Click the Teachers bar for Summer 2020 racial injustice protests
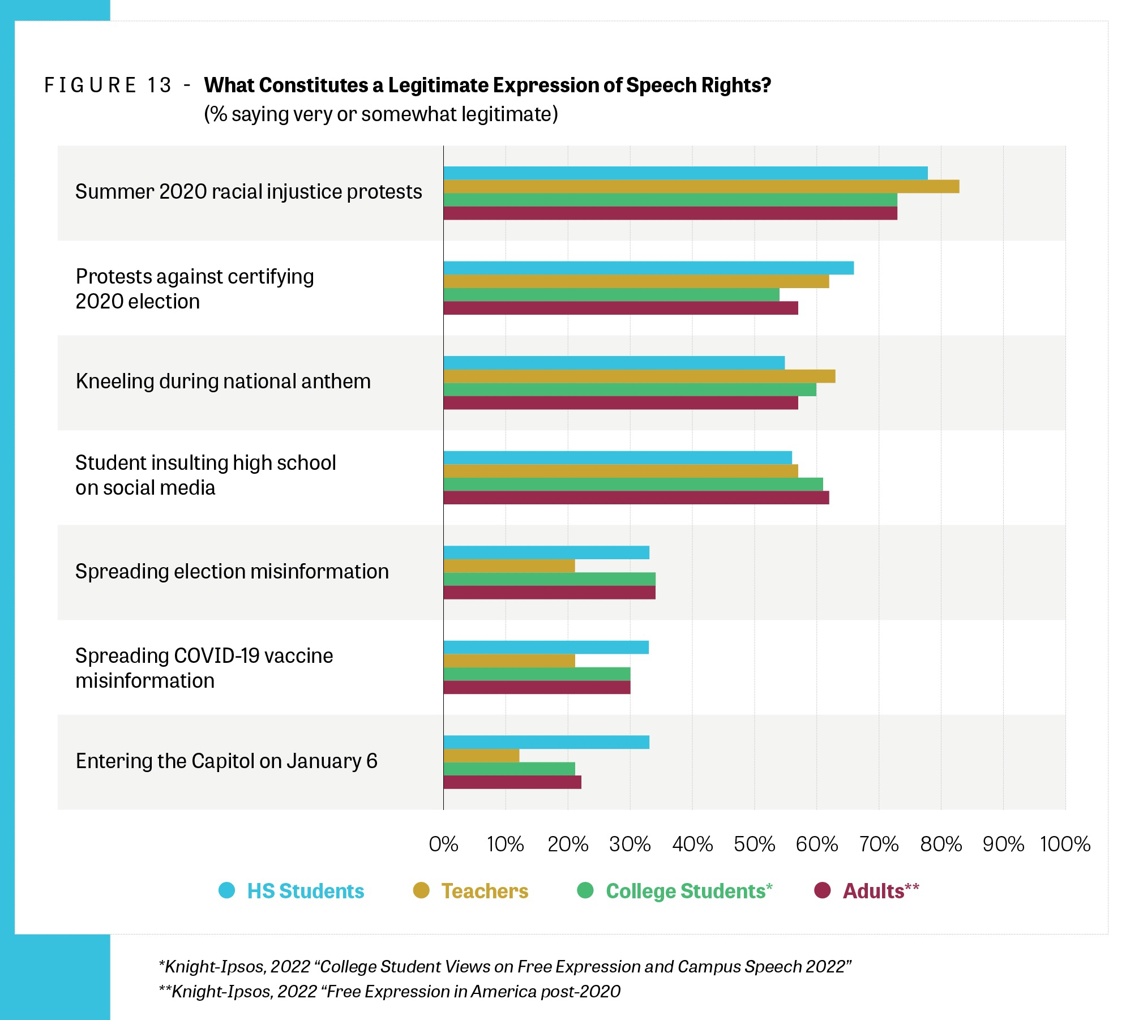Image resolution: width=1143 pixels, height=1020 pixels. pyautogui.click(x=701, y=186)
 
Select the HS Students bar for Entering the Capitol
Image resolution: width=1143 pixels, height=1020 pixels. pyautogui.click(x=546, y=742)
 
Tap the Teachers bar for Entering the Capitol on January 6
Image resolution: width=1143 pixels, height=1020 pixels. pyautogui.click(x=481, y=756)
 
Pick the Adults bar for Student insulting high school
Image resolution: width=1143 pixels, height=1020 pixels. pyautogui.click(x=636, y=498)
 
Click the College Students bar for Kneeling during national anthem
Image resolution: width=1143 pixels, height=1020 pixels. pyautogui.click(x=630, y=389)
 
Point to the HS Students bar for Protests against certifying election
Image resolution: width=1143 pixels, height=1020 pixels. pyautogui.click(x=648, y=268)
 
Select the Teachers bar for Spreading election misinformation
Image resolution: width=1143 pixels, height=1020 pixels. pyautogui.click(x=509, y=565)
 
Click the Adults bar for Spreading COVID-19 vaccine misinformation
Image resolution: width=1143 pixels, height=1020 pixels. pyautogui.click(x=537, y=687)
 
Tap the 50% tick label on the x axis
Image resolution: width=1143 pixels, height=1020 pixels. pyautogui.click(x=754, y=845)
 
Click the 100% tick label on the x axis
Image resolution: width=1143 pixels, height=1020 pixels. pyautogui.click(x=1065, y=845)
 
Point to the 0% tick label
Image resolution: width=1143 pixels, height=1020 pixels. pyautogui.click(x=443, y=845)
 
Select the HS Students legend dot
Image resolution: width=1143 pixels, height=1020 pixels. pyautogui.click(x=226, y=890)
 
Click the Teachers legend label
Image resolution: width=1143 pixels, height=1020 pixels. pyautogui.click(x=485, y=891)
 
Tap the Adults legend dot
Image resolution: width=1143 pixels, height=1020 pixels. pyautogui.click(x=822, y=890)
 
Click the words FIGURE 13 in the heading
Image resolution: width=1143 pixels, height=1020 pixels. pyautogui.click(x=108, y=85)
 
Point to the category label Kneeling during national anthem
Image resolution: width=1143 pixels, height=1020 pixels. pyautogui.click(x=223, y=382)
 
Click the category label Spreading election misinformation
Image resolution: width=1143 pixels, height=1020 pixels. pyautogui.click(x=232, y=572)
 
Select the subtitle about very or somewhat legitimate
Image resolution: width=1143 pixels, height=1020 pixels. pyautogui.click(x=381, y=114)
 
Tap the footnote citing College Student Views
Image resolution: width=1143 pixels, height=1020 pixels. pyautogui.click(x=505, y=966)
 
